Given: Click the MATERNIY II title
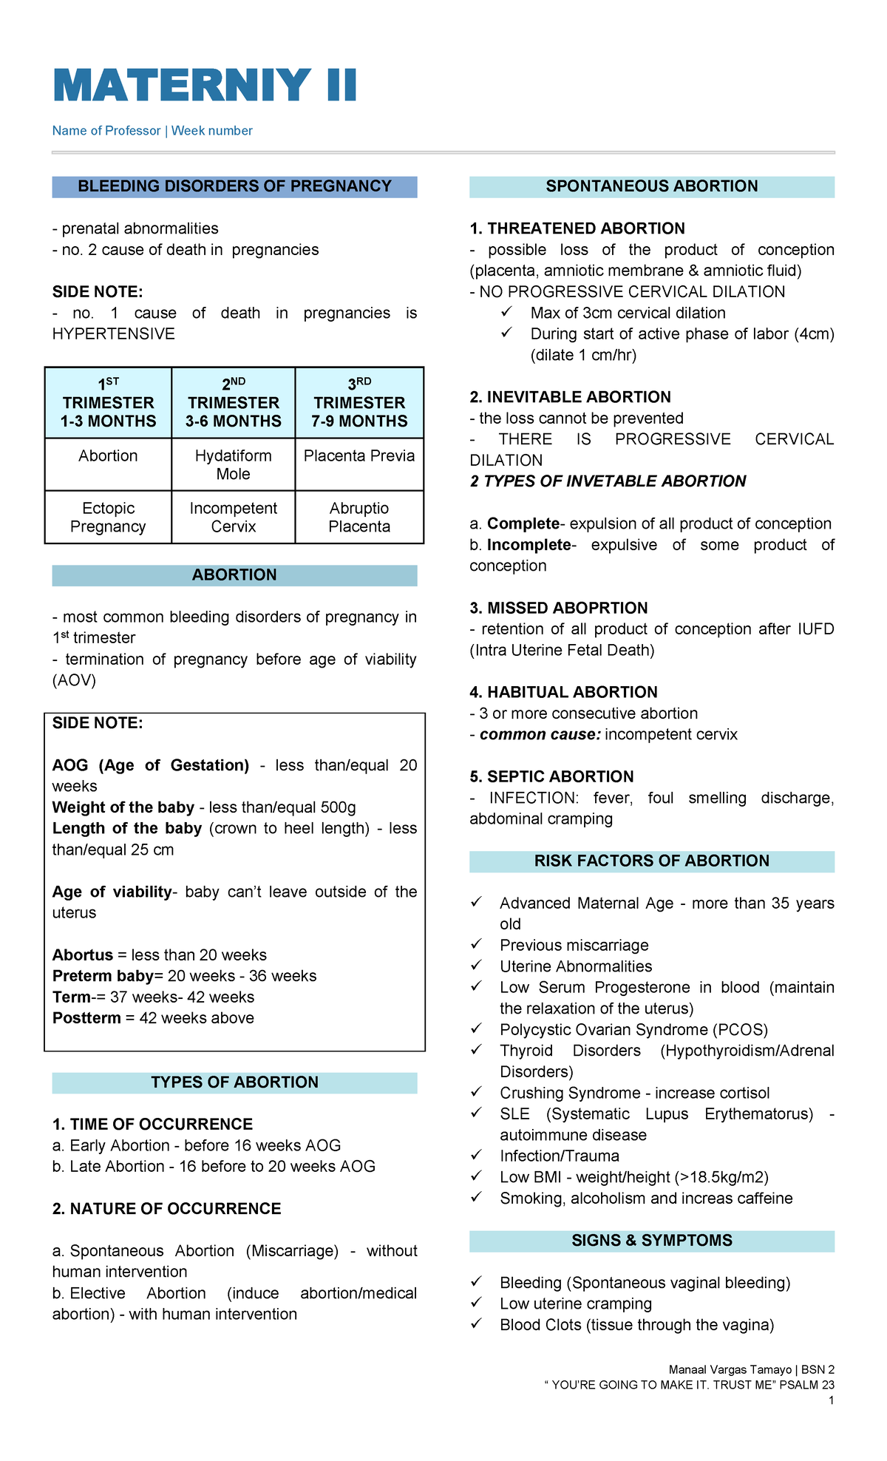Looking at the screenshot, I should click(205, 85).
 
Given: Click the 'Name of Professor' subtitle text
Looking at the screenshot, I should click(106, 131).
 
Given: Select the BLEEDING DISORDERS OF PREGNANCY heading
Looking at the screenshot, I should click(234, 186).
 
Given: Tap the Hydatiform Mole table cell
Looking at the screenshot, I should click(234, 464).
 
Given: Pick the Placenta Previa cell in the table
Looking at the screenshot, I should click(359, 455).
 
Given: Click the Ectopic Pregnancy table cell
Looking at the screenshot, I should click(108, 517).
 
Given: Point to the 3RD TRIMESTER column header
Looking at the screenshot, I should click(359, 402).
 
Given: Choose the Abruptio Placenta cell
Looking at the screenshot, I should click(359, 517).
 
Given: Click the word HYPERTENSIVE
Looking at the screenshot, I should click(114, 334).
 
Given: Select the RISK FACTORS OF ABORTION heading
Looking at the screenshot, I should click(651, 861).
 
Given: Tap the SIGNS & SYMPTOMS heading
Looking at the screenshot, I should click(651, 1241).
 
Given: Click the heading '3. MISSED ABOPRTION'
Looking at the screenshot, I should click(559, 608).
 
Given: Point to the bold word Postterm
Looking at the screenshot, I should click(86, 1018).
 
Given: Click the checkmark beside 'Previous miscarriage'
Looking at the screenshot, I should click(477, 944).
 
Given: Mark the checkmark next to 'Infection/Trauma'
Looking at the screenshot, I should click(477, 1155).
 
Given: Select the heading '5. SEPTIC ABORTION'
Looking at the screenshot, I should click(551, 776).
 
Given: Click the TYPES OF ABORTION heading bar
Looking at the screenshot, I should click(234, 1082).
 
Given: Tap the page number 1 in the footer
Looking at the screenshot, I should click(832, 1400).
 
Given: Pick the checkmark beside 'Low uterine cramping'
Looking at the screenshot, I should click(477, 1303).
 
